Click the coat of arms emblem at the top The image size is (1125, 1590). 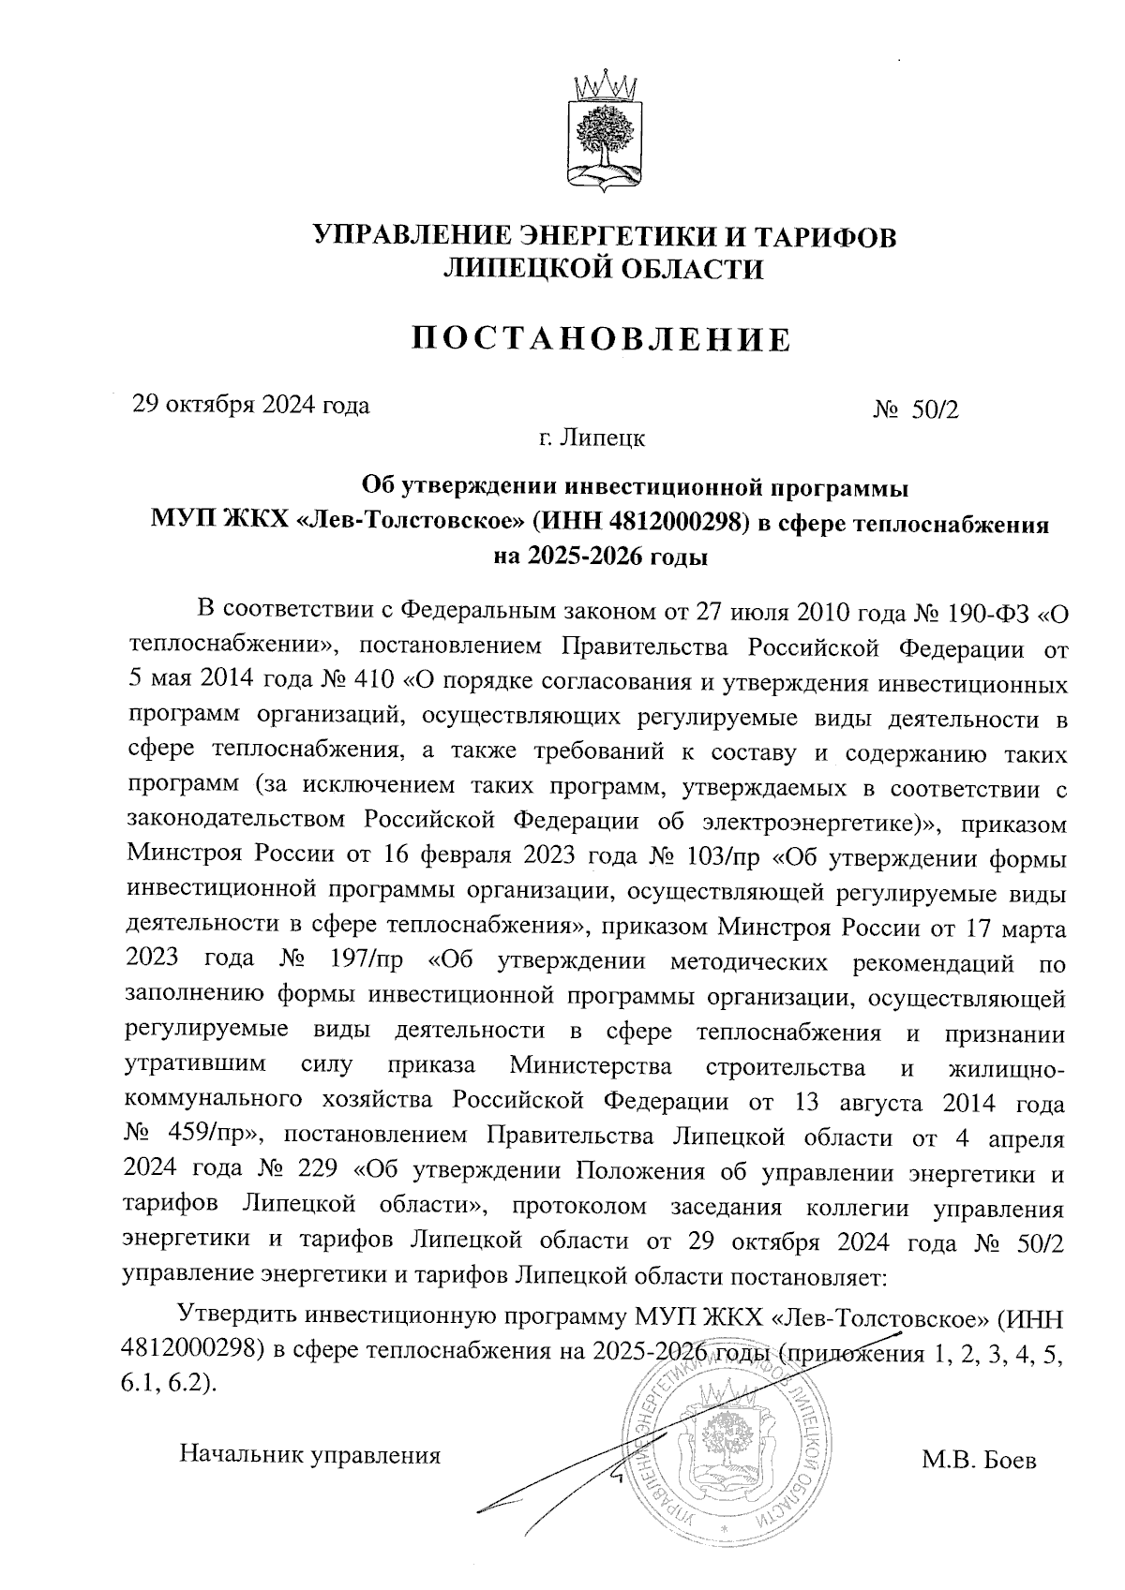pyautogui.click(x=604, y=128)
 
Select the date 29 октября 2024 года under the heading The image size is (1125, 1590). pyautogui.click(x=251, y=405)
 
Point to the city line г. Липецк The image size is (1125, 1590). pyautogui.click(x=591, y=438)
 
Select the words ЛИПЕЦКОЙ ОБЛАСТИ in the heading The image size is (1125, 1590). pyautogui.click(x=603, y=270)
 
